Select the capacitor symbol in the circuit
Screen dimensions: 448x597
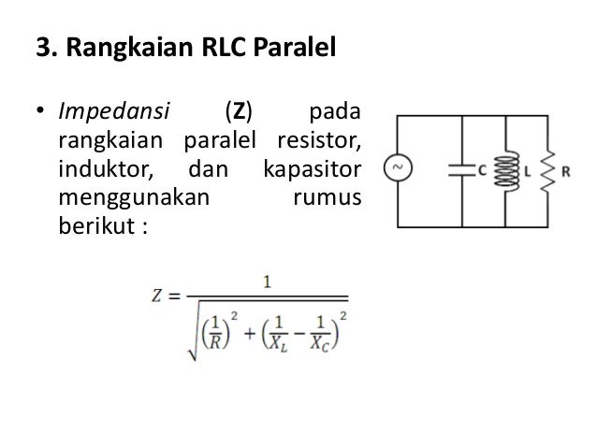click(460, 171)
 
